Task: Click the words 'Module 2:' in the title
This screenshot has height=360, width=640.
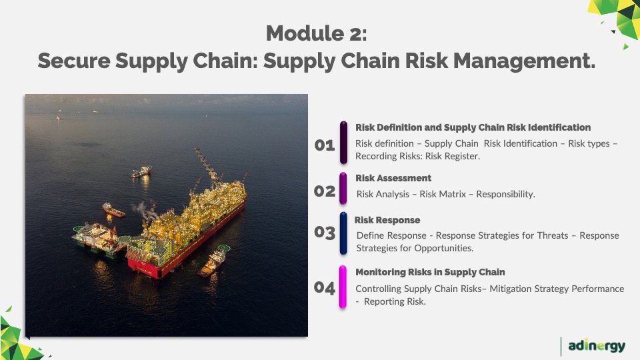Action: click(x=316, y=33)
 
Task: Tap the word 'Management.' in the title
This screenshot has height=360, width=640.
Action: click(x=524, y=61)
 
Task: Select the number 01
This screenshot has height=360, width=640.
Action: click(x=325, y=145)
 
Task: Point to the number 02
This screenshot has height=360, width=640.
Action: click(x=325, y=191)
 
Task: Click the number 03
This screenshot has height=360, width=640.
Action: click(x=325, y=232)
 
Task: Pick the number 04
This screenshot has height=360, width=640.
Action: click(x=325, y=288)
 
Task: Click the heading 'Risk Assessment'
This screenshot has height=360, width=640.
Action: click(x=393, y=178)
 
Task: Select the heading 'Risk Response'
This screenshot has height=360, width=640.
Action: click(x=387, y=220)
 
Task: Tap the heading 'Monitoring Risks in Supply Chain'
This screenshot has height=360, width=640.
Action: click(x=430, y=272)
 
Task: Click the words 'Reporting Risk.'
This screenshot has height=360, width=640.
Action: click(x=395, y=301)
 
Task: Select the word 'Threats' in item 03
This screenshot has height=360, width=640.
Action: click(x=553, y=235)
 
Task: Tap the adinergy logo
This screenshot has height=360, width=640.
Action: click(x=596, y=346)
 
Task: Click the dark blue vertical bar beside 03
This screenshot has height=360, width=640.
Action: click(x=344, y=233)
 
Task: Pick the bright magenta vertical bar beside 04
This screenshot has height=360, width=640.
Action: click(x=343, y=287)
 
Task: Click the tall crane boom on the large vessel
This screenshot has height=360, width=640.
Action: click(x=207, y=165)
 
